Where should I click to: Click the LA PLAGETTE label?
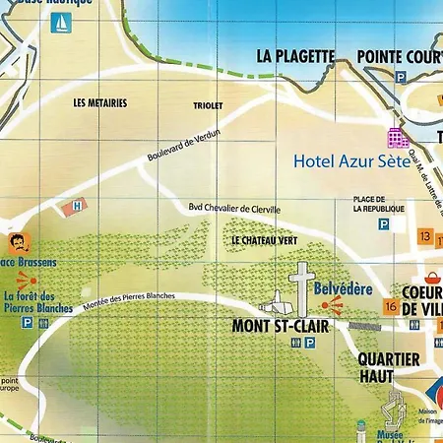point(295,55)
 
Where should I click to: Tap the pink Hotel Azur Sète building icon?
point(398,138)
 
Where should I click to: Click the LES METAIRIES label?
point(100,101)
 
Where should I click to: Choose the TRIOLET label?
point(209,105)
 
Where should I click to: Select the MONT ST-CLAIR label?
point(280,325)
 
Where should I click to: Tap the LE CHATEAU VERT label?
point(264,240)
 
